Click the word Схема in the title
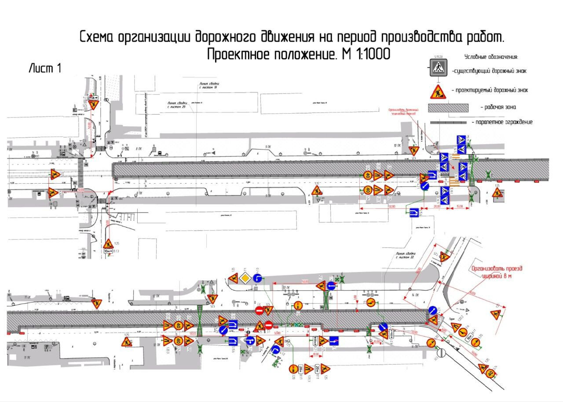97,38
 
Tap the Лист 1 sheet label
44,69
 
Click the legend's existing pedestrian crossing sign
438,68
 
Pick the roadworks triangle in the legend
438,91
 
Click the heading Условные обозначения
491,57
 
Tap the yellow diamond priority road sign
245,279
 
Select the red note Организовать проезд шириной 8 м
496,273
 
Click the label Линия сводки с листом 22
405,257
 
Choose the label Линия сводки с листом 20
176,105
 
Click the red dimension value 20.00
438,206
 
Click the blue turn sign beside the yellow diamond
258,279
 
